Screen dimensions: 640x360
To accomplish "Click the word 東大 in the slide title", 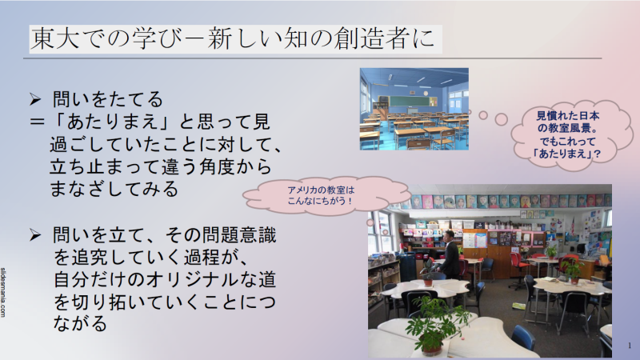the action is pyautogui.click(x=55, y=39).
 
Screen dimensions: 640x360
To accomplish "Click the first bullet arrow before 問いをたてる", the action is pyautogui.click(x=35, y=99).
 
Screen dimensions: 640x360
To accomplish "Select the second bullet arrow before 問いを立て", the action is pyautogui.click(x=35, y=235).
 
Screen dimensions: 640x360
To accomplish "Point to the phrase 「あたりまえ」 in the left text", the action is pyautogui.click(x=112, y=122).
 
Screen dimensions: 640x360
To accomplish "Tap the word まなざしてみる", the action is pyautogui.click(x=114, y=189).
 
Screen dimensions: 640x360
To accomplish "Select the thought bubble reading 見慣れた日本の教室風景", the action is pyautogui.click(x=567, y=134).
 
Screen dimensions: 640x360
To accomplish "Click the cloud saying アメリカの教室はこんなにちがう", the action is pyautogui.click(x=326, y=195).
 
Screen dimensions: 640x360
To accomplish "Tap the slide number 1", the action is pyautogui.click(x=630, y=346).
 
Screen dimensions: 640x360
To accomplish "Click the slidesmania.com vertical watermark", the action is pyautogui.click(x=3, y=292).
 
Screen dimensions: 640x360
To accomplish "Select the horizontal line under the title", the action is pyautogui.click(x=312, y=58).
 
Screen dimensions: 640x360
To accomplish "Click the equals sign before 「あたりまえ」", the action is pyautogui.click(x=37, y=122).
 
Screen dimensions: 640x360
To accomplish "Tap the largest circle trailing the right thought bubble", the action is pyautogui.click(x=502, y=119).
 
